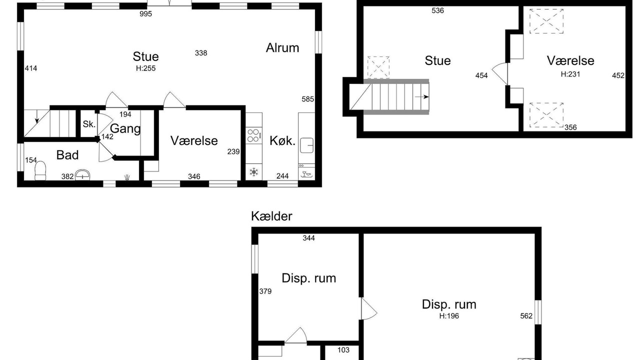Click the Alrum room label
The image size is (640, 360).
[282, 47]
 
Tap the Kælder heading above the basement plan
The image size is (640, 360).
[271, 216]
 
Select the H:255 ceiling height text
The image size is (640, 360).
[145, 68]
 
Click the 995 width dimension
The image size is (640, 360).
[145, 13]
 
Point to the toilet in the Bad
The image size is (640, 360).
[40, 171]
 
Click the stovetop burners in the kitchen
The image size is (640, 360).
[253, 135]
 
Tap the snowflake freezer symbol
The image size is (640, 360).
[253, 172]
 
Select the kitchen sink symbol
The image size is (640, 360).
[307, 145]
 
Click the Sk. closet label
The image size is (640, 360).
[89, 124]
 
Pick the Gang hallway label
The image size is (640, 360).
[125, 129]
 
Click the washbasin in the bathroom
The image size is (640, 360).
[82, 175]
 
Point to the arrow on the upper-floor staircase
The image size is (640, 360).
[421, 97]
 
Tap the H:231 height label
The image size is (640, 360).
[570, 74]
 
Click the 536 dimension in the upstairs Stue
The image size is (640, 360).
[437, 10]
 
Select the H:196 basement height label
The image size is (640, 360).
[449, 316]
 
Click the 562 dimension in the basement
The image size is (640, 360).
[526, 316]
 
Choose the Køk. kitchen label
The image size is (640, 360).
[282, 141]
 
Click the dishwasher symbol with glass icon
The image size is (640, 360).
[306, 173]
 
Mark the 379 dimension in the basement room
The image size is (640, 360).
[265, 291]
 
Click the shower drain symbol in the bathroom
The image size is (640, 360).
[127, 177]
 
